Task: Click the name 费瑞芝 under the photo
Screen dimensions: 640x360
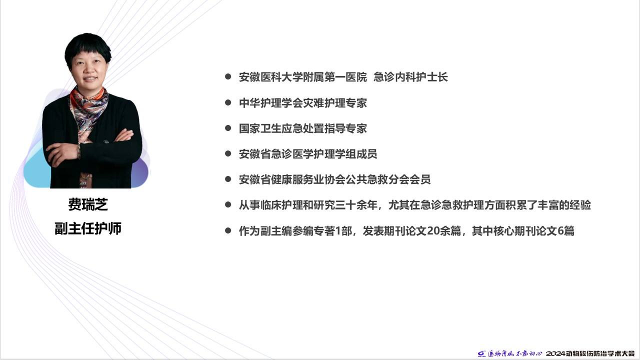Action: [88, 204]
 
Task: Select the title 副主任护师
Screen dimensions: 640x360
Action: [88, 228]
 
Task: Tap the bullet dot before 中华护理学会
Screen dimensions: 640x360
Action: [228, 102]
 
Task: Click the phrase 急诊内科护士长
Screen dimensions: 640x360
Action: [410, 77]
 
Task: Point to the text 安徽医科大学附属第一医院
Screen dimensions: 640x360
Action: [303, 77]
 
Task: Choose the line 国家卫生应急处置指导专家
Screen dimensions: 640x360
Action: [303, 128]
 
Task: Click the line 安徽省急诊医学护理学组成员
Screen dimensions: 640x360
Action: [308, 154]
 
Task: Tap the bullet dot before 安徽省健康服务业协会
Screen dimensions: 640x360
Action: [228, 179]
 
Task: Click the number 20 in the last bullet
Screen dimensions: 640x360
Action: [433, 231]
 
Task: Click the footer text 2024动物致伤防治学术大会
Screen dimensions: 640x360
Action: [590, 353]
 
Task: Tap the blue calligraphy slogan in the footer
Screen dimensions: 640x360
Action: [515, 353]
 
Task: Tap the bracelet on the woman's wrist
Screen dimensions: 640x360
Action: [79, 151]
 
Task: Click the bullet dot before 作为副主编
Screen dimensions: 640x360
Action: [228, 230]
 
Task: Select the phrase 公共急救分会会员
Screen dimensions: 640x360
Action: [388, 179]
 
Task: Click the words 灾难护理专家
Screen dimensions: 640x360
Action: [335, 103]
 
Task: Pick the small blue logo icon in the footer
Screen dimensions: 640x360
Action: [481, 354]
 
